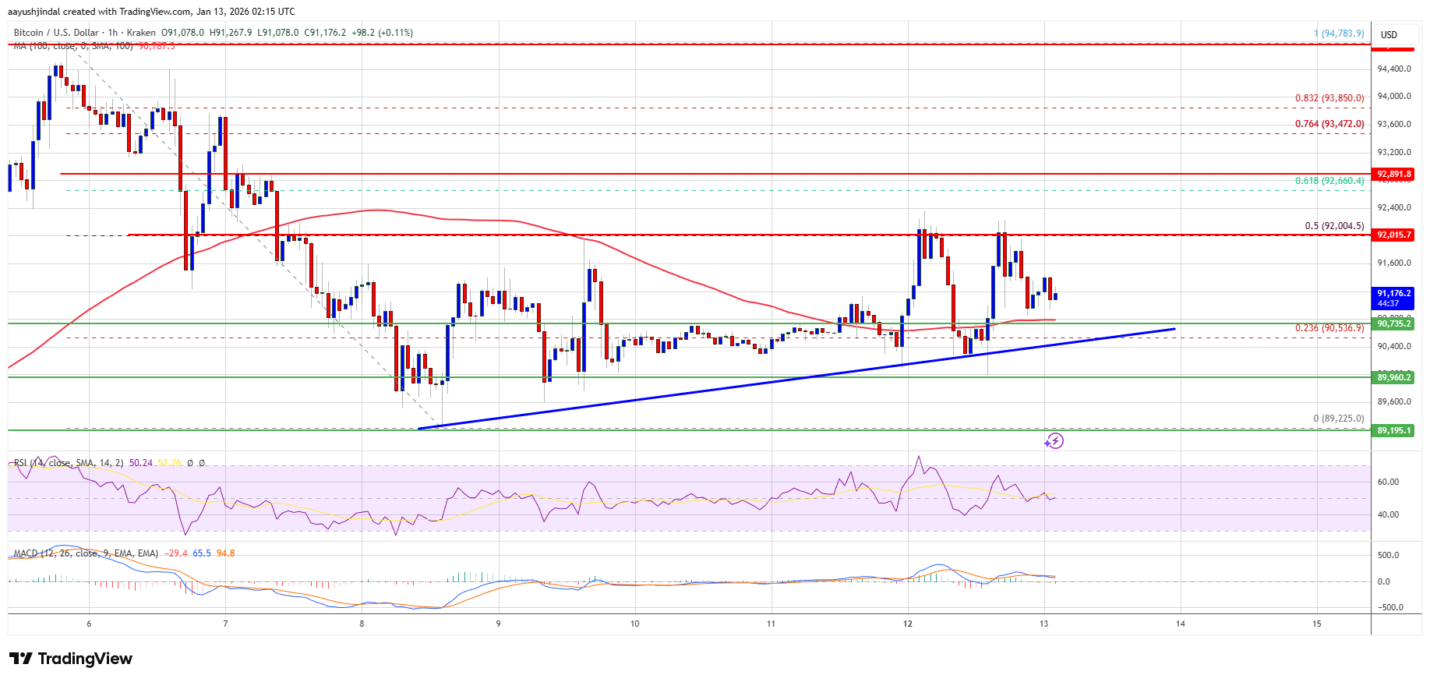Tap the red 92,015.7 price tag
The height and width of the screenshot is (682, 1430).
click(1393, 235)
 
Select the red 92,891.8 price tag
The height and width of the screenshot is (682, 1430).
click(1393, 174)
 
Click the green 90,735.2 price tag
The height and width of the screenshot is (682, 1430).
click(1393, 323)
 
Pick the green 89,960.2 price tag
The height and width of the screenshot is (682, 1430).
click(1393, 377)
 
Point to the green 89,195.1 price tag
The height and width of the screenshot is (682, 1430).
click(1393, 430)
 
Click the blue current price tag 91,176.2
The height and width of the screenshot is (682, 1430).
click(1393, 298)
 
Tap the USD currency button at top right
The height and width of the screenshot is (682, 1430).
click(1389, 34)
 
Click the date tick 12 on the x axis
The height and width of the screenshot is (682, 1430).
click(908, 624)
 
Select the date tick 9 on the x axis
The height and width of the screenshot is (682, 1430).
click(499, 624)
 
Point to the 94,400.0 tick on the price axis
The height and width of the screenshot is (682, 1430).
click(1394, 69)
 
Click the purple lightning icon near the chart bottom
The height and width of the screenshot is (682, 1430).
click(1054, 441)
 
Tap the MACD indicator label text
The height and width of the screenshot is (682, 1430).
click(86, 553)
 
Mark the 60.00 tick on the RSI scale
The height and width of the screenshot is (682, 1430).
click(1388, 482)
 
